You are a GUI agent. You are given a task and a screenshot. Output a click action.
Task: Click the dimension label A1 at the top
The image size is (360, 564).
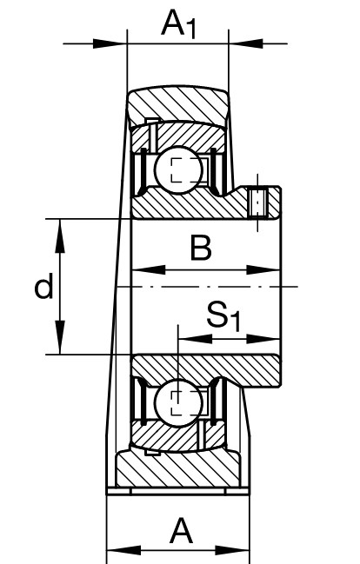pyautogui.click(x=179, y=24)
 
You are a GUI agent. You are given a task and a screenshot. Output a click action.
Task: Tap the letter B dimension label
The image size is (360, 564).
pyautogui.click(x=201, y=248)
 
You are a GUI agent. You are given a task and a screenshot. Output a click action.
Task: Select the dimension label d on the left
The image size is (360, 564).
pyautogui.click(x=43, y=286)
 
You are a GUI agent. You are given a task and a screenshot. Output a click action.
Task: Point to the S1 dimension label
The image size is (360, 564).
pyautogui.click(x=223, y=315)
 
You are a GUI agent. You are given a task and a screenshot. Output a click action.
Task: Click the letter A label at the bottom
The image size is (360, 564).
pyautogui.click(x=181, y=531)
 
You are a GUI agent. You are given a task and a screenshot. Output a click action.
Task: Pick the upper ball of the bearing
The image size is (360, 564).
pyautogui.click(x=178, y=169)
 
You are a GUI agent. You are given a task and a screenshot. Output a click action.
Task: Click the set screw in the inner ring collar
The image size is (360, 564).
pyautogui.click(x=257, y=202)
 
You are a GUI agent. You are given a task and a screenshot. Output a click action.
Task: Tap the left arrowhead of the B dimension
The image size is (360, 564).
pyautogui.click(x=149, y=269)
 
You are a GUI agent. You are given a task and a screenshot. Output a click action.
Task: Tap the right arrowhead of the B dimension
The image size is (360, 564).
pyautogui.click(x=263, y=269)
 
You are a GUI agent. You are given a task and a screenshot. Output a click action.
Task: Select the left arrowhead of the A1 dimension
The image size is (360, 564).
pyautogui.click(x=110, y=43)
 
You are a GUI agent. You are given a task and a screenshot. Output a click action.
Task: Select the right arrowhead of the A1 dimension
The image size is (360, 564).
pyautogui.click(x=246, y=43)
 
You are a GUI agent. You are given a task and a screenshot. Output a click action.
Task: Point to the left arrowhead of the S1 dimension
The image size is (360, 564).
pyautogui.click(x=195, y=339)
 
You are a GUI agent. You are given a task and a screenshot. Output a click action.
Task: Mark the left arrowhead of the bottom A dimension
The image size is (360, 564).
pyautogui.click(x=124, y=550)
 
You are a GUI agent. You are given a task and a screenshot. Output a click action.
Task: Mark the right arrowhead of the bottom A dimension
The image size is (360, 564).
pyautogui.click(x=232, y=550)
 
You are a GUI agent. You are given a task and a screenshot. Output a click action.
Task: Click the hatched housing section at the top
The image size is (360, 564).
pyautogui.click(x=178, y=104)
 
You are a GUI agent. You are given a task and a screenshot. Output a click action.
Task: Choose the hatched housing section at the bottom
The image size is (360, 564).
pyautogui.click(x=178, y=468)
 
